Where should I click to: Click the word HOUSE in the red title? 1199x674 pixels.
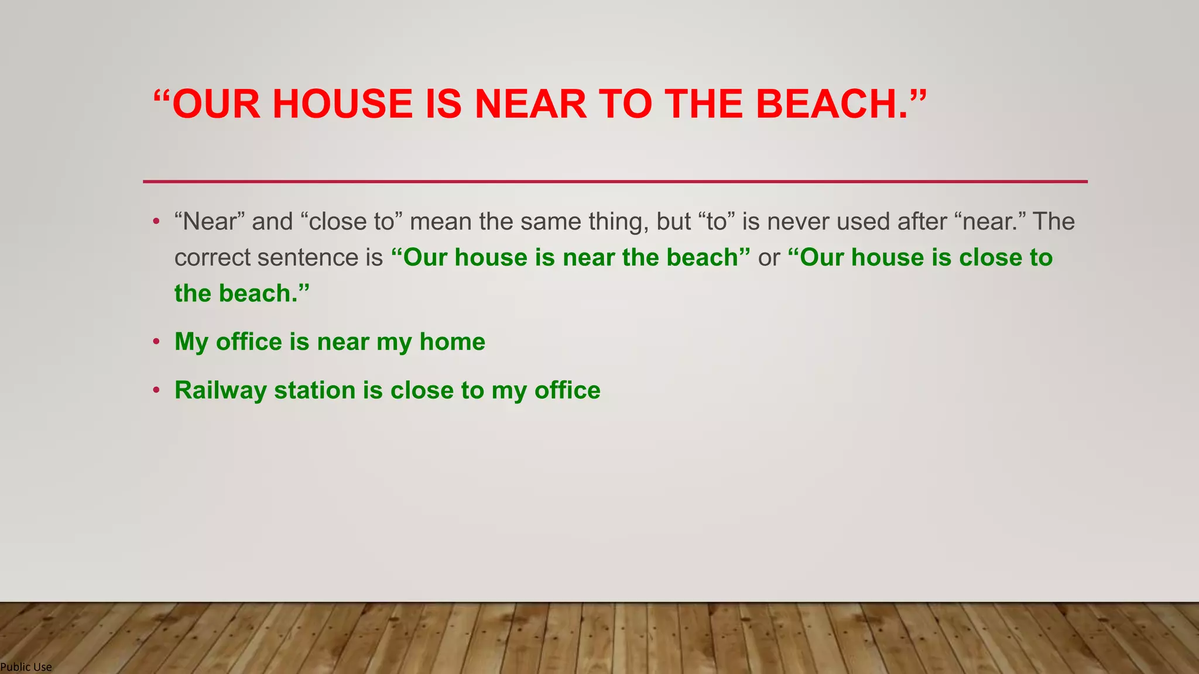(342, 104)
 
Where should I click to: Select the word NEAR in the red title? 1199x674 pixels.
(530, 104)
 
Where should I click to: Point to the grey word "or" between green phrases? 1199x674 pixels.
(769, 258)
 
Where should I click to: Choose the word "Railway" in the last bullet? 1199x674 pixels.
(220, 391)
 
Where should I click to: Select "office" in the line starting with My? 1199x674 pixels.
(249, 342)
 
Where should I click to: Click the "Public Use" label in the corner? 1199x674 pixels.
(26, 667)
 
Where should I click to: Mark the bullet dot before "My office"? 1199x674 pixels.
(156, 342)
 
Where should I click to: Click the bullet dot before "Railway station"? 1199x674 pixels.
(156, 390)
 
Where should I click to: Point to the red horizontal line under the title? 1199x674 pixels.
(615, 181)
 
